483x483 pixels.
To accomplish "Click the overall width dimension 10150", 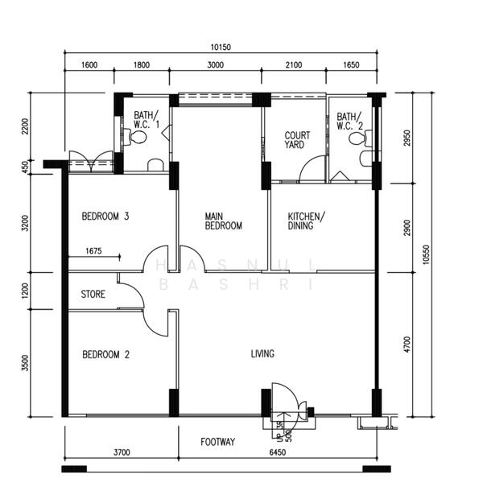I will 221,47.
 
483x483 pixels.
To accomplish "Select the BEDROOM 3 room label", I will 106,217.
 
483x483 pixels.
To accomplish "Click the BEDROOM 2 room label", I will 106,354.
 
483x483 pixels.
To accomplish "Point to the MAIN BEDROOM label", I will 223,221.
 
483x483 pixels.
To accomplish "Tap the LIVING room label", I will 262,353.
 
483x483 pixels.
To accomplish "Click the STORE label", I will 93,295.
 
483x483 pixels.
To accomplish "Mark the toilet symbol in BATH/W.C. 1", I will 138,138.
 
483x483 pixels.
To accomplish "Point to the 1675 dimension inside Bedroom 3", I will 94,251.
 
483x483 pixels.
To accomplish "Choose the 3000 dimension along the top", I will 217,66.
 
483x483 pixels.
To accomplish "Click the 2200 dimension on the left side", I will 26,126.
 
